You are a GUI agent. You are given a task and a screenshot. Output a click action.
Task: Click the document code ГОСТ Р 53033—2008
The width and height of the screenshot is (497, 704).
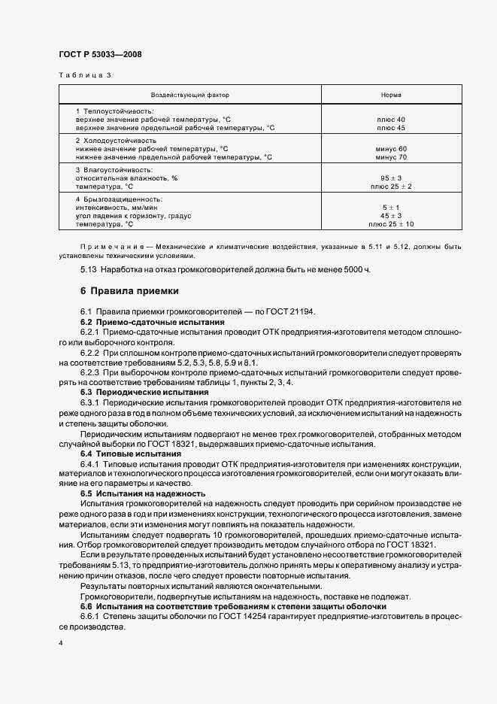pos(100,55)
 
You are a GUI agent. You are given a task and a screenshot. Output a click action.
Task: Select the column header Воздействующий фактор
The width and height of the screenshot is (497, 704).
pos(190,96)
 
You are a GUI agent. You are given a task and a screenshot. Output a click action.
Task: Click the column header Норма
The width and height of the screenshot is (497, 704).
pos(391,96)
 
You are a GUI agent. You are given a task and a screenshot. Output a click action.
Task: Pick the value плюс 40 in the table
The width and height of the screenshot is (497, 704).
pos(390,120)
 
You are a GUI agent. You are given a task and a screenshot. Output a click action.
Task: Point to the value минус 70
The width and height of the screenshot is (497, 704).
pos(391,157)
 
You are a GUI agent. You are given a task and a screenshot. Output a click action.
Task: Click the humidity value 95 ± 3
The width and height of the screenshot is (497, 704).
pos(391,178)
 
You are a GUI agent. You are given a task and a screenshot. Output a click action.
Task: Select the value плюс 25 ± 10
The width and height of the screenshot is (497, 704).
pos(391,224)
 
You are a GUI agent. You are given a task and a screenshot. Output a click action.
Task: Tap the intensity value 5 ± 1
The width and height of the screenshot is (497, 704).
pos(391,207)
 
